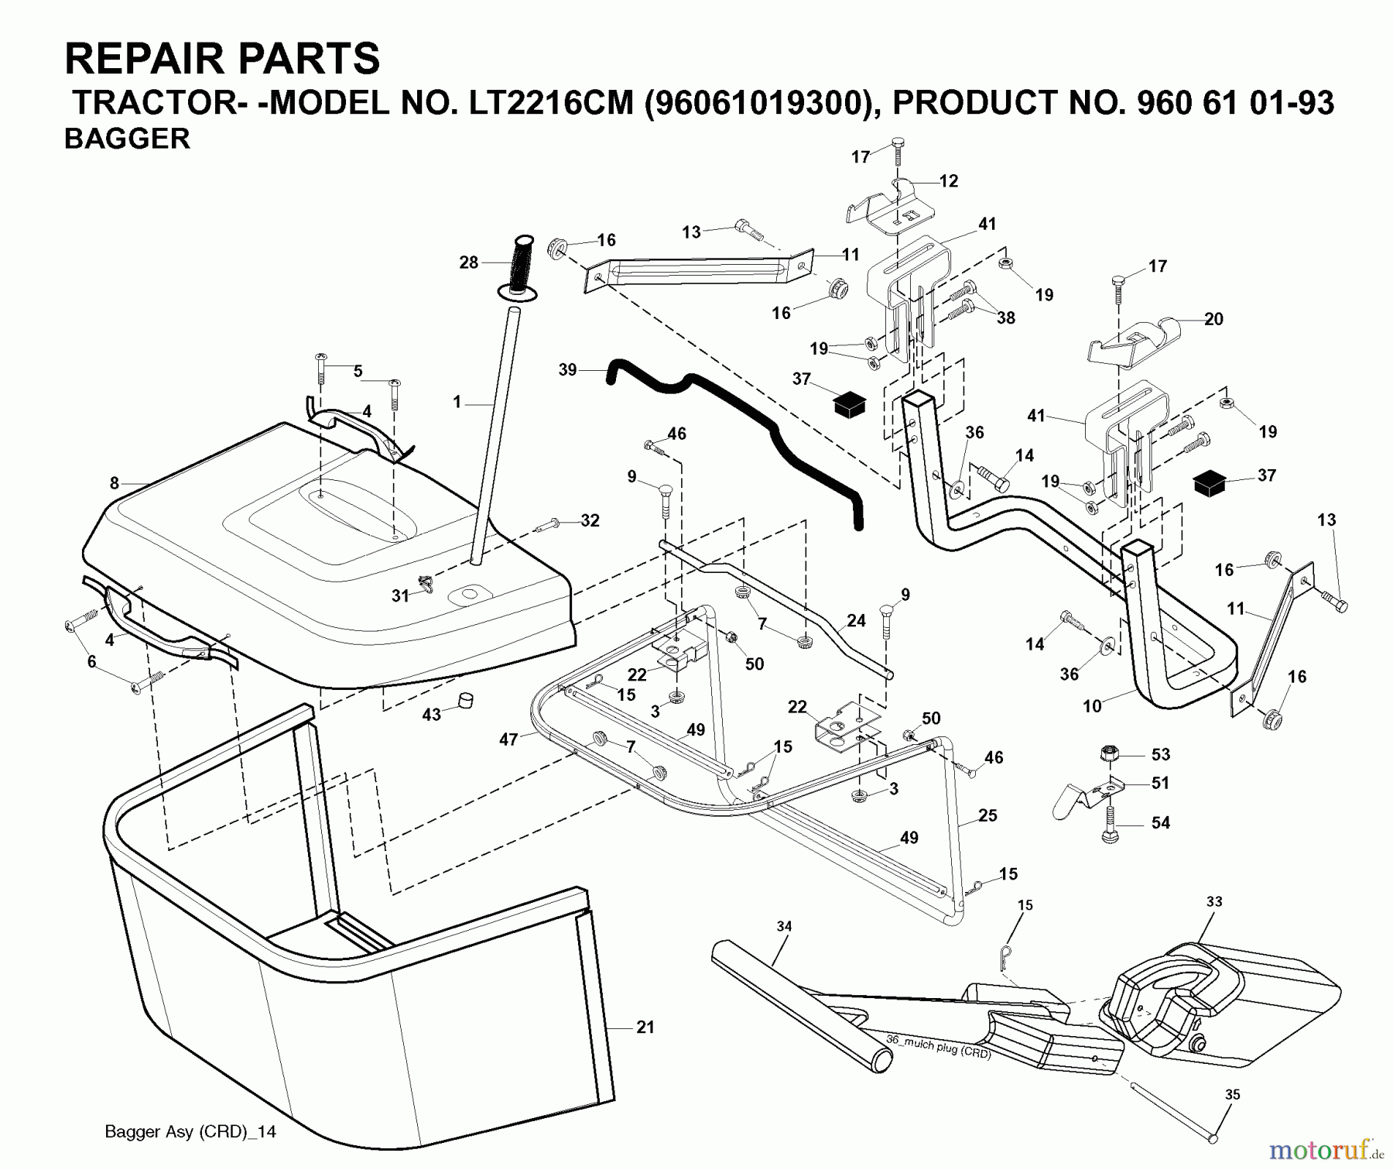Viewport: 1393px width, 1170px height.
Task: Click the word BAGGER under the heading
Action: tap(127, 139)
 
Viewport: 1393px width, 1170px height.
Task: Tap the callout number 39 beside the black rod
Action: tap(567, 370)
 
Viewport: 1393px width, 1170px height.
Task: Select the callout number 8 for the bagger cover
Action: tap(115, 483)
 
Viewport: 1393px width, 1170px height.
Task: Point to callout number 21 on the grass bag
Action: tap(645, 1028)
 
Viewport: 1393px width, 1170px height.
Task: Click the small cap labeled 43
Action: tap(465, 701)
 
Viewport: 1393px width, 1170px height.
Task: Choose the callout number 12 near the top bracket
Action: tap(949, 181)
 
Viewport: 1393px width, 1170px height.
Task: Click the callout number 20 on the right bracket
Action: tap(1213, 319)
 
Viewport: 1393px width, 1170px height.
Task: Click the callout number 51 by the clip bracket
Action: tap(1160, 783)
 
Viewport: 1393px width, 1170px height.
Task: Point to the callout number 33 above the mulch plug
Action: tap(1214, 902)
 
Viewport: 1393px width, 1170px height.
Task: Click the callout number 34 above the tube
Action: tap(784, 926)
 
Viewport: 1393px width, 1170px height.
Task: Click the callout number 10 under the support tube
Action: tap(1092, 706)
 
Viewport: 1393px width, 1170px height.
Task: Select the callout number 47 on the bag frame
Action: tap(508, 739)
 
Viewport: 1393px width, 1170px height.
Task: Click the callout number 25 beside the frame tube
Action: tap(987, 815)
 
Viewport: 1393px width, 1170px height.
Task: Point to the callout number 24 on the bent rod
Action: tap(856, 620)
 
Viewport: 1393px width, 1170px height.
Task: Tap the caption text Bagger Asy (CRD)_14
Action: tap(190, 1131)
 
